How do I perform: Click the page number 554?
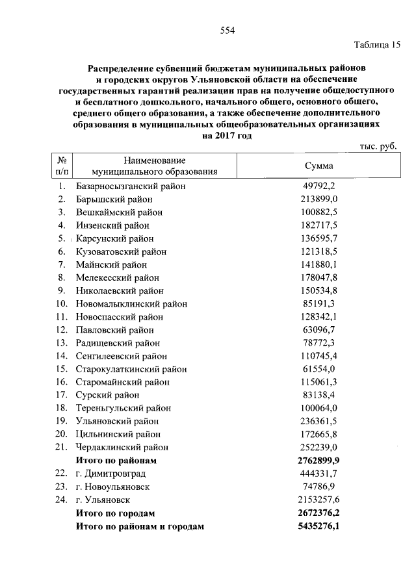point(227,31)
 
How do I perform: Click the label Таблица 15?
point(377,45)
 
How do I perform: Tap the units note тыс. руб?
point(378,147)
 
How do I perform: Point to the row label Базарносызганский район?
point(131,186)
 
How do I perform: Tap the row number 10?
point(62,303)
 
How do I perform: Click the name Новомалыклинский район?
point(131,303)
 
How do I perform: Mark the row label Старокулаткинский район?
point(131,369)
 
